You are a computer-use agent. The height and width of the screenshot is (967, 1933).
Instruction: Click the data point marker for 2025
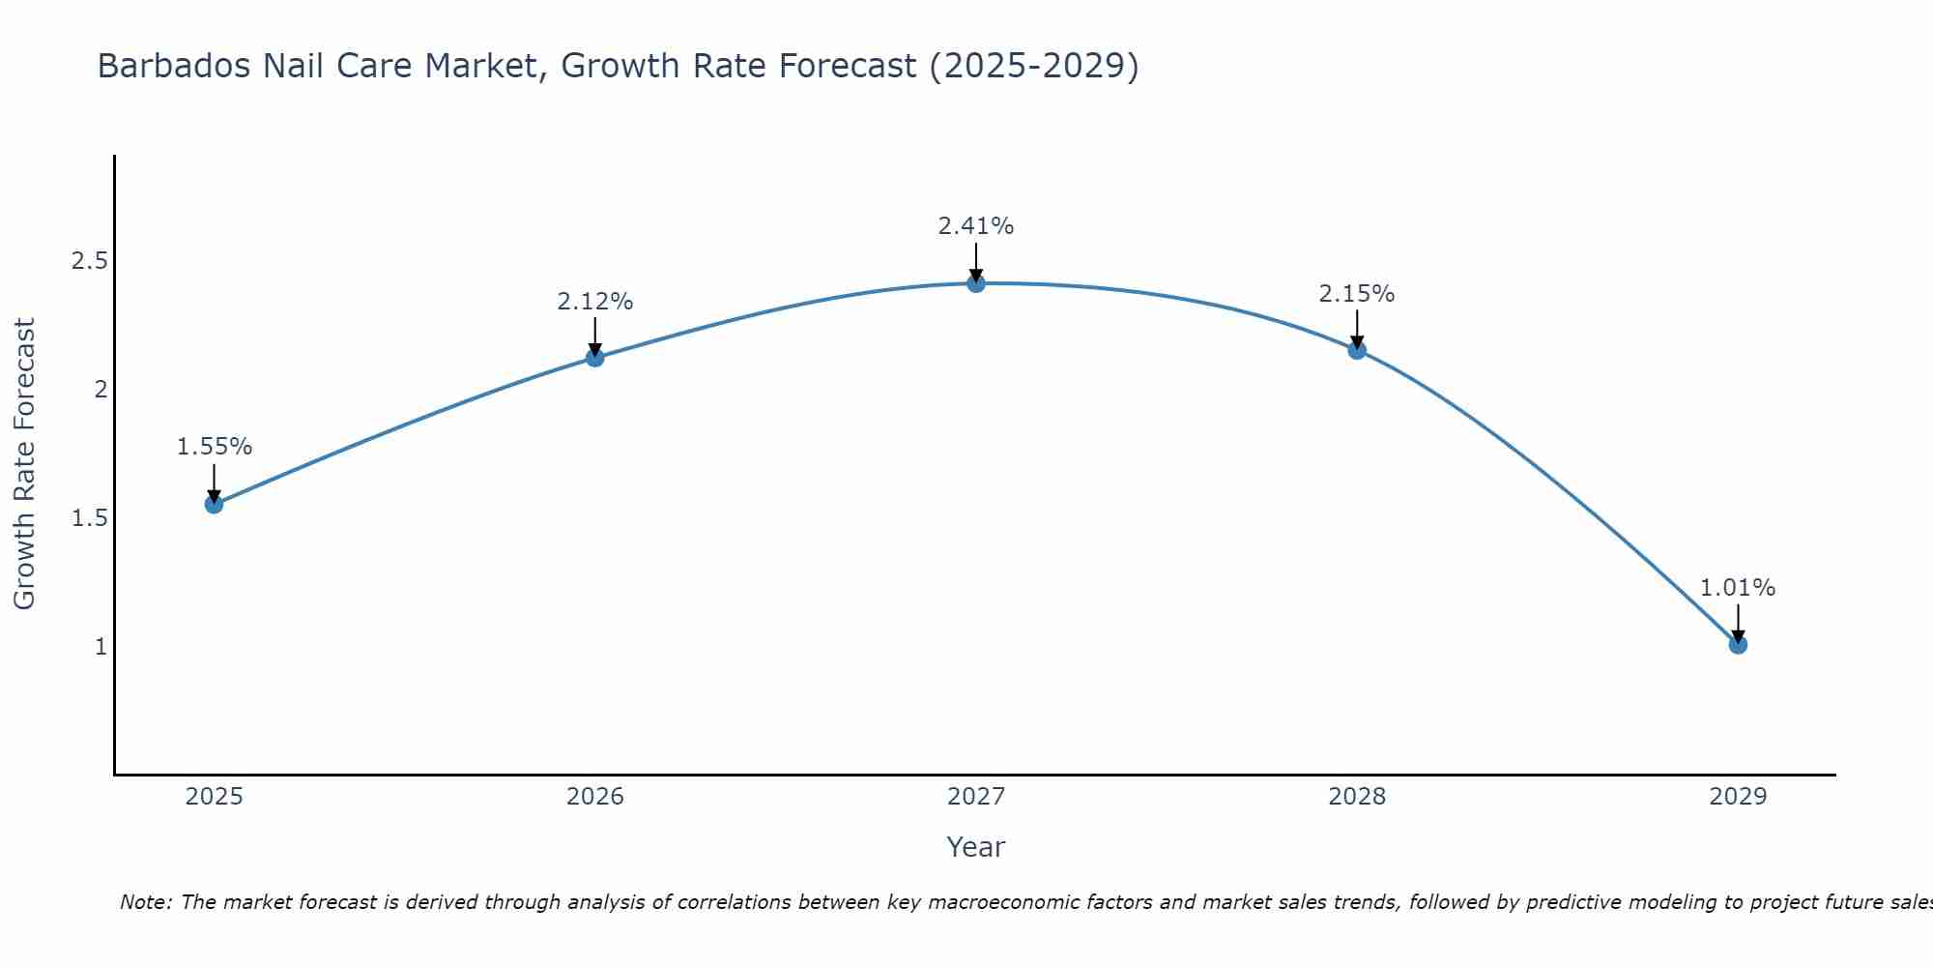point(214,504)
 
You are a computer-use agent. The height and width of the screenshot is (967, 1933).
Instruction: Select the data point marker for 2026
point(594,358)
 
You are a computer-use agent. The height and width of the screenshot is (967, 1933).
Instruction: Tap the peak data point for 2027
point(975,283)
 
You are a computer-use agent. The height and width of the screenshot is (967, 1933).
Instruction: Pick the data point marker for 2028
point(1357,350)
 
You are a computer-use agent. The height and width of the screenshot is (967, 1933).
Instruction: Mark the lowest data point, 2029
point(1738,644)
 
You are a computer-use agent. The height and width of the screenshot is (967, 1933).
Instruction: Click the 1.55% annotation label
point(214,447)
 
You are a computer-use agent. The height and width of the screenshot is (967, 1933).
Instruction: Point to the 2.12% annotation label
point(594,302)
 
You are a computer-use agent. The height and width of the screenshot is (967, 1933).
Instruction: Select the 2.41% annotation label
point(975,226)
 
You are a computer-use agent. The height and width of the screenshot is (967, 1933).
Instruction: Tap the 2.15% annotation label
point(1357,294)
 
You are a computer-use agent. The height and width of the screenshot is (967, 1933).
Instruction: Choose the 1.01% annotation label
point(1738,588)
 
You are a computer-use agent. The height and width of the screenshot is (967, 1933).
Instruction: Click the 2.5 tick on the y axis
point(89,261)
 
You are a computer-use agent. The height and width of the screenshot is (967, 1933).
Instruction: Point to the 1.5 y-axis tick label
point(89,518)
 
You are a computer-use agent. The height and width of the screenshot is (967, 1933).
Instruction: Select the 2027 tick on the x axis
point(975,797)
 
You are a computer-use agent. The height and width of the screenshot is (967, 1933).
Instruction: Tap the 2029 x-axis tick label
point(1738,797)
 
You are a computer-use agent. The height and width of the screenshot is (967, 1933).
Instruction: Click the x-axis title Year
point(975,847)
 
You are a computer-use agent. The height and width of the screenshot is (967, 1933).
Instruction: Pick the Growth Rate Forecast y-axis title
point(25,464)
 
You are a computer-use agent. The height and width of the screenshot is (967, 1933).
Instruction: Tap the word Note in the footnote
point(144,902)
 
